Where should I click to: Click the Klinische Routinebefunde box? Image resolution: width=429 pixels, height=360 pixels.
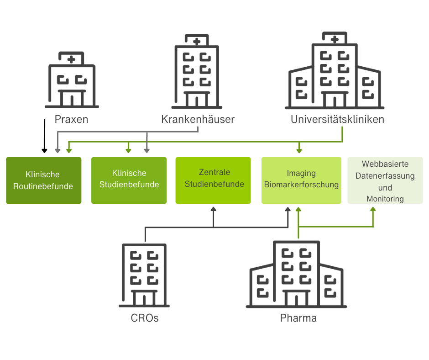[43, 180]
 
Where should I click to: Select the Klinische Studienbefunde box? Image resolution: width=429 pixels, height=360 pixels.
[129, 180]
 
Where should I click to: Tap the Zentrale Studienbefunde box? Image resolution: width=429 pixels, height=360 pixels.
[213, 180]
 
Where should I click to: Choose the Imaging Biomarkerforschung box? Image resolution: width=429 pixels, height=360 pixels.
[301, 180]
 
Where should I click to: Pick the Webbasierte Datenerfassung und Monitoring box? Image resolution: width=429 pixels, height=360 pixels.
[385, 180]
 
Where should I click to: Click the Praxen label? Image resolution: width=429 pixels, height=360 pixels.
[71, 120]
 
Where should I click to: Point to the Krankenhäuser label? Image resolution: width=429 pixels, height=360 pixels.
[198, 120]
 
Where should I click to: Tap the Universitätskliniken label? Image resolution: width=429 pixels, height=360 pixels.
[337, 120]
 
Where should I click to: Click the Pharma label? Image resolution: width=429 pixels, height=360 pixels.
[298, 318]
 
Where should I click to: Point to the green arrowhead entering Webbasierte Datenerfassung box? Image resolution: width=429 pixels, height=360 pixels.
[373, 209]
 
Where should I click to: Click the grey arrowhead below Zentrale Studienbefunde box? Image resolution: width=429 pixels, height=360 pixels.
[213, 209]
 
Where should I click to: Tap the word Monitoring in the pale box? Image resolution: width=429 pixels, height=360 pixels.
[385, 199]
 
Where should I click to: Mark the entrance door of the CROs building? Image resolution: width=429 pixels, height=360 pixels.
[144, 299]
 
